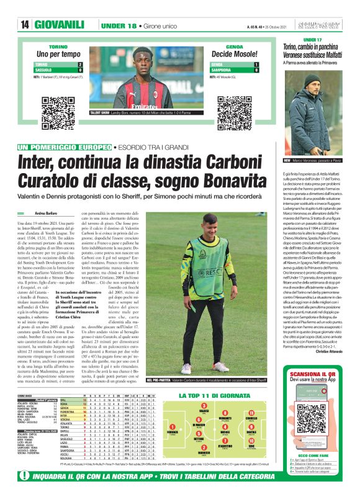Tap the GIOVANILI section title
coord(60,24)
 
